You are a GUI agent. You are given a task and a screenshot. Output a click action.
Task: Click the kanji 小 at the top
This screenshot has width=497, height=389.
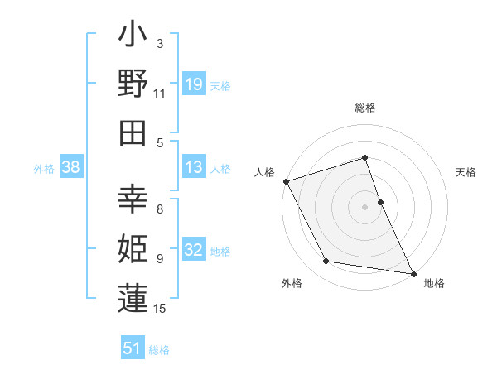(133, 36)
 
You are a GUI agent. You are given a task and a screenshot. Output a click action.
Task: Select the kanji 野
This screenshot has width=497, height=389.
(133, 84)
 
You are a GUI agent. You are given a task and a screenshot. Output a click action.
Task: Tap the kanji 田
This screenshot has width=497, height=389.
(133, 132)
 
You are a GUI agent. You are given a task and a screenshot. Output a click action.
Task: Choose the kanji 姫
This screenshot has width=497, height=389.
(133, 248)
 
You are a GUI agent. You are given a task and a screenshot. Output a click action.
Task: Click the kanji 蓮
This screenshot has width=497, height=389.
(133, 297)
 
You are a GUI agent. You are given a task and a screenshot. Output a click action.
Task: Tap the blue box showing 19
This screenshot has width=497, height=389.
(193, 84)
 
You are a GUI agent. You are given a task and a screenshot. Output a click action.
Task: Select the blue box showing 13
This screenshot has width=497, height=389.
(193, 167)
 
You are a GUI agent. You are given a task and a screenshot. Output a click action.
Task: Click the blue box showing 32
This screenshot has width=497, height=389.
(193, 251)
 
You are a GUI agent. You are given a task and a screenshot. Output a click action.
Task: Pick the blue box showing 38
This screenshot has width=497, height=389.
(71, 168)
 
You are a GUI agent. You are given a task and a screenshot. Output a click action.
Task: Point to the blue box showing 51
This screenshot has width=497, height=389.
(133, 348)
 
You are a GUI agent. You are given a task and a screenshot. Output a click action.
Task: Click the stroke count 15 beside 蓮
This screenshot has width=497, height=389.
(161, 309)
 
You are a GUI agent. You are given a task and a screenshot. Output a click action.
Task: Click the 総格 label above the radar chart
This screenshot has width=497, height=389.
(365, 108)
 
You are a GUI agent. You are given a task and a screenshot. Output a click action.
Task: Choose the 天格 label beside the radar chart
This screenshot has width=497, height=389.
(466, 172)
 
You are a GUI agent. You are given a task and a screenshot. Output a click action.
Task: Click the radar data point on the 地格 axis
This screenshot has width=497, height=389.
(413, 273)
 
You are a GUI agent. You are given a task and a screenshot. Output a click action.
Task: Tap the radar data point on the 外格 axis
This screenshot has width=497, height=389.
(326, 262)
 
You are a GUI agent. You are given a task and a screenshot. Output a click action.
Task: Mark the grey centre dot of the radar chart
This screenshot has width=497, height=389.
(365, 207)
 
